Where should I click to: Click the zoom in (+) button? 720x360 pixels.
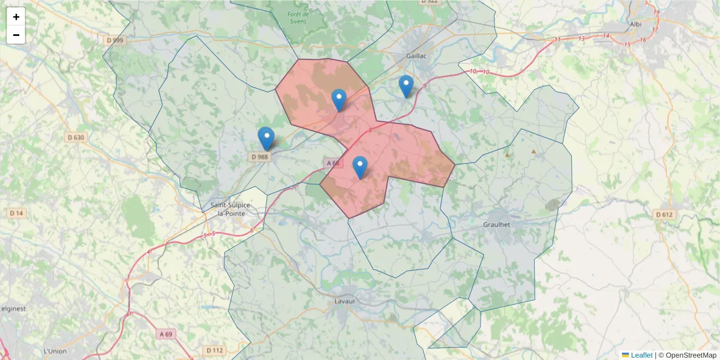click(x=16, y=17)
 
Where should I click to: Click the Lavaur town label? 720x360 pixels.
click(x=345, y=301)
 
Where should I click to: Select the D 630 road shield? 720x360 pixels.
click(x=76, y=137)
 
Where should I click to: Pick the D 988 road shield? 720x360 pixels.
click(x=259, y=157)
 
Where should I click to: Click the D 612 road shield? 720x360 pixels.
click(x=664, y=214)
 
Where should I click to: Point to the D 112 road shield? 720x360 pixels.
click(x=214, y=350)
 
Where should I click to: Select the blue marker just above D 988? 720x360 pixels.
click(x=266, y=139)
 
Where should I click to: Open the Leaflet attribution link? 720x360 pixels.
click(x=641, y=355)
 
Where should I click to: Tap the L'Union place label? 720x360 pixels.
click(x=55, y=351)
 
